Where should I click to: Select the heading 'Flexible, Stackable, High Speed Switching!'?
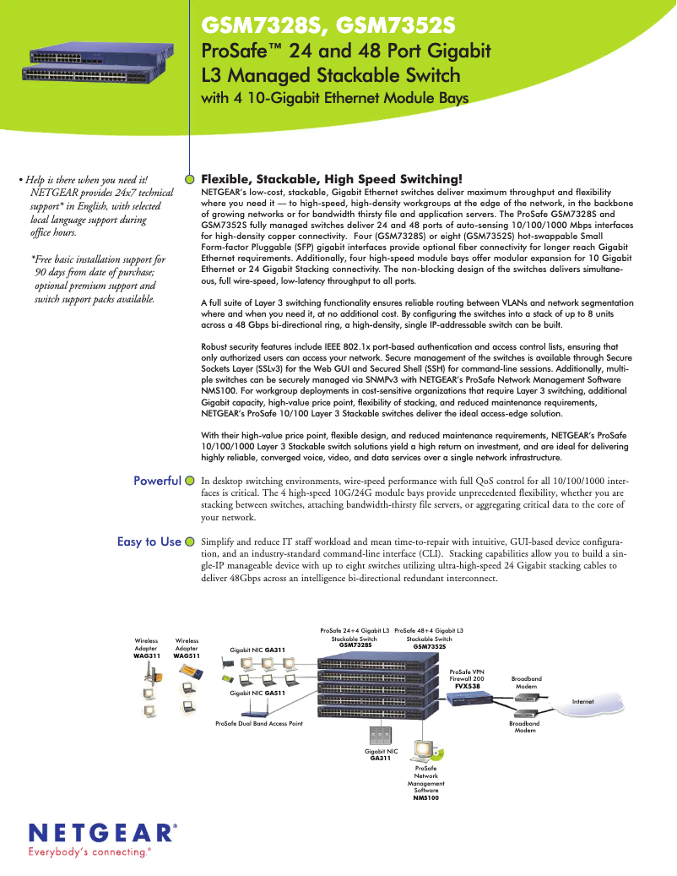click(x=332, y=179)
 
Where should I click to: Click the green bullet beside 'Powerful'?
click(x=190, y=481)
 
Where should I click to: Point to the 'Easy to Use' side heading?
click(x=149, y=541)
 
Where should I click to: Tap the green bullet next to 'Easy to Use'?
click(x=190, y=541)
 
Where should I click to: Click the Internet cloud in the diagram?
click(x=583, y=702)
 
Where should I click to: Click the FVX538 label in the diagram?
click(x=468, y=687)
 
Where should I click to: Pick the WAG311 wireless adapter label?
click(x=147, y=656)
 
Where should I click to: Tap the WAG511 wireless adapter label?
click(x=187, y=656)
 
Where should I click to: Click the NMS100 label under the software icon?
click(x=425, y=797)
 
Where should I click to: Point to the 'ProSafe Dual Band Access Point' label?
click(x=258, y=724)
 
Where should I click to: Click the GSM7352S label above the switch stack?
click(x=429, y=645)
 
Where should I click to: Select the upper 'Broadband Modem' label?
click(x=527, y=683)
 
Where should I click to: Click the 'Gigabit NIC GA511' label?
click(x=258, y=692)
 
